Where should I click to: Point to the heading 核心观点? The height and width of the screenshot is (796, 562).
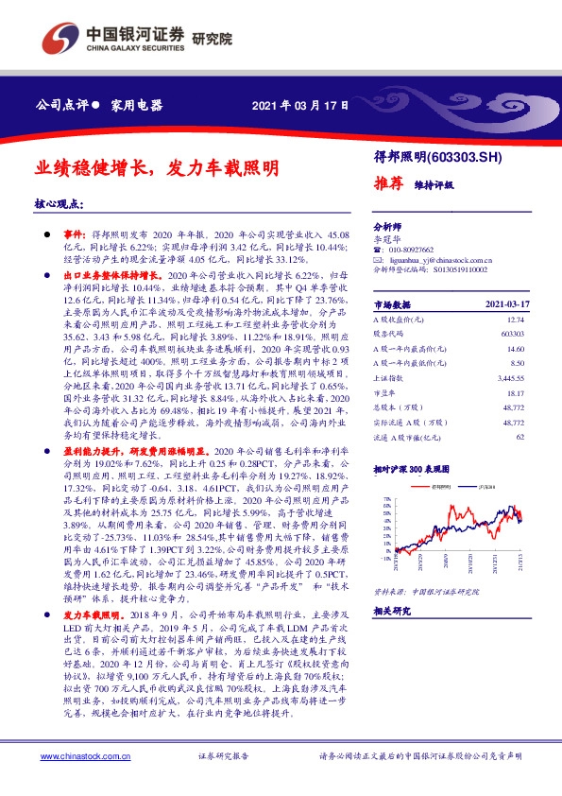[x=58, y=203]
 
